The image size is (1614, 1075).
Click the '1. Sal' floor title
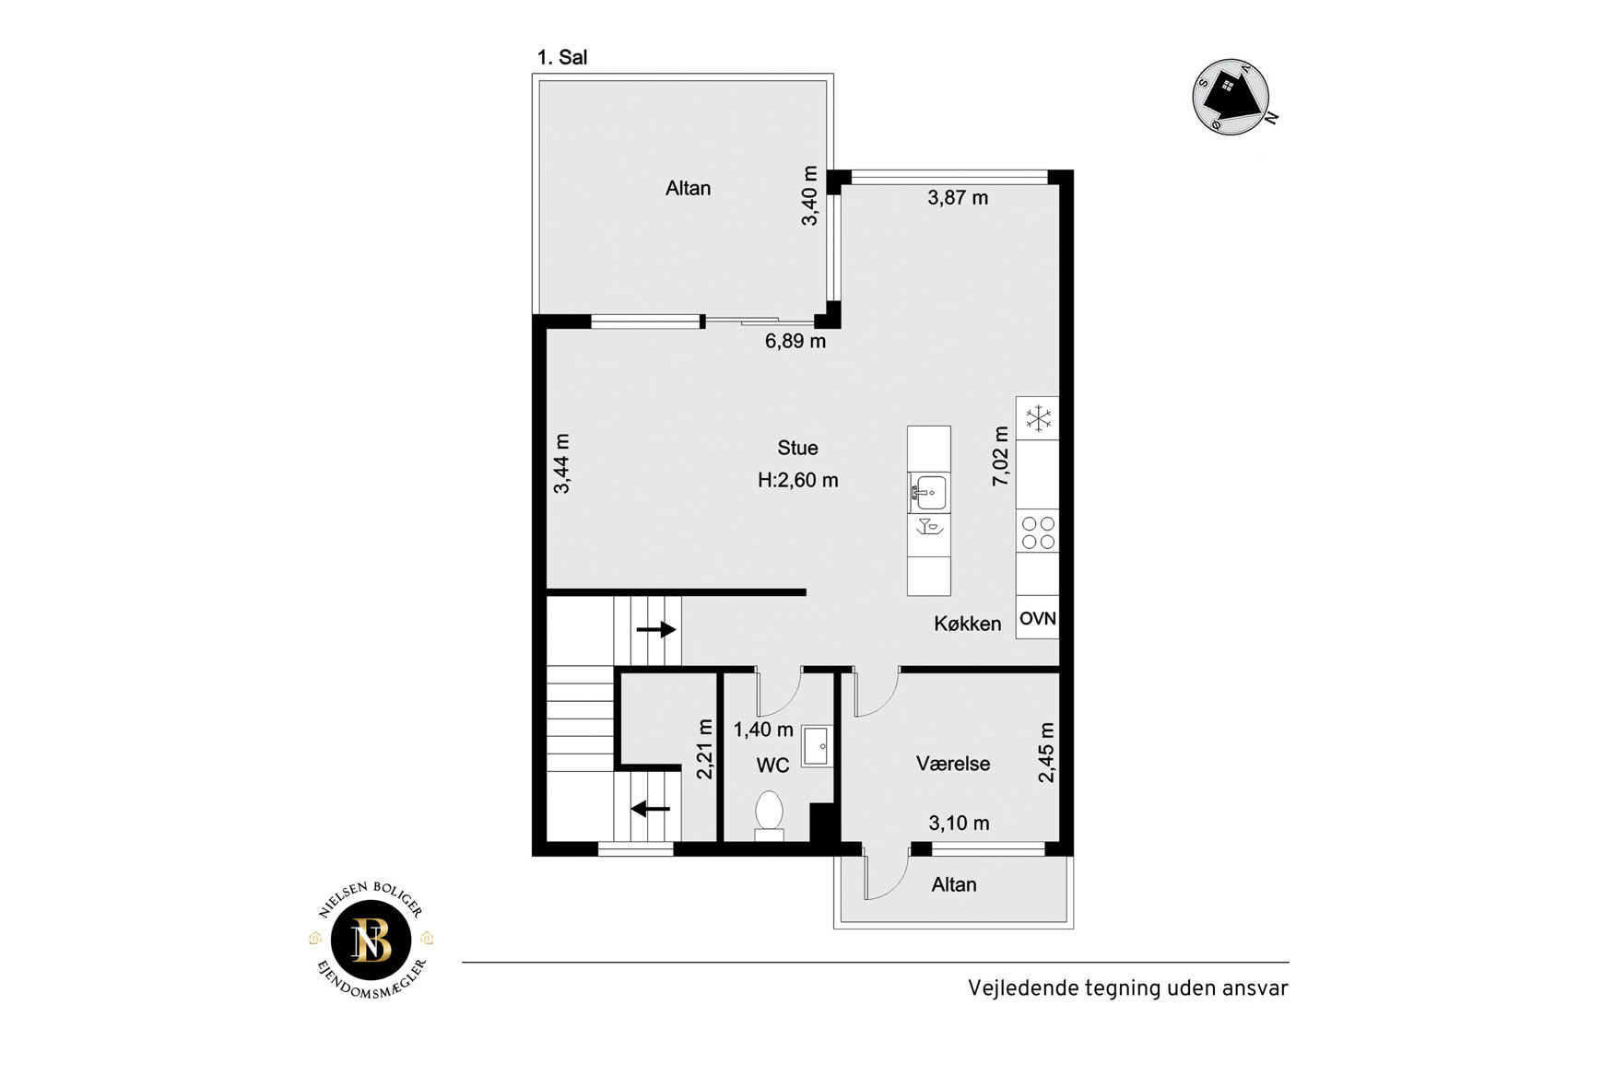tap(562, 57)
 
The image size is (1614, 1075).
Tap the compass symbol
tap(1232, 97)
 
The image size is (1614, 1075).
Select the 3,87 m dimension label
tap(958, 197)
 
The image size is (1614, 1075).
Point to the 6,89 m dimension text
tap(795, 341)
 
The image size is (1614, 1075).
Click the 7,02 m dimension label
tap(1000, 457)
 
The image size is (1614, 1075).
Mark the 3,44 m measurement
tap(561, 463)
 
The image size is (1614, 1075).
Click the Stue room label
tap(797, 448)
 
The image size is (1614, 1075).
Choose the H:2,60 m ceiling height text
tap(798, 480)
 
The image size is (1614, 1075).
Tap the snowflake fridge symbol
tap(1039, 418)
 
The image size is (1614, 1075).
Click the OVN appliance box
tap(1038, 618)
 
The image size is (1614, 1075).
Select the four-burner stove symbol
tap(1038, 532)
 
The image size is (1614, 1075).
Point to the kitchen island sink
tap(929, 492)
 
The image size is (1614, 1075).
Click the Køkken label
tap(967, 624)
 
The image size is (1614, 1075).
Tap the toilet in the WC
tap(769, 816)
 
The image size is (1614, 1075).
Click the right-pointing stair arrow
tap(656, 630)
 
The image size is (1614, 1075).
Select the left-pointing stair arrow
tap(651, 810)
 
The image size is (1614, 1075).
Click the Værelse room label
tap(953, 764)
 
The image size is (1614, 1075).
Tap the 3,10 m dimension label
tap(959, 824)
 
